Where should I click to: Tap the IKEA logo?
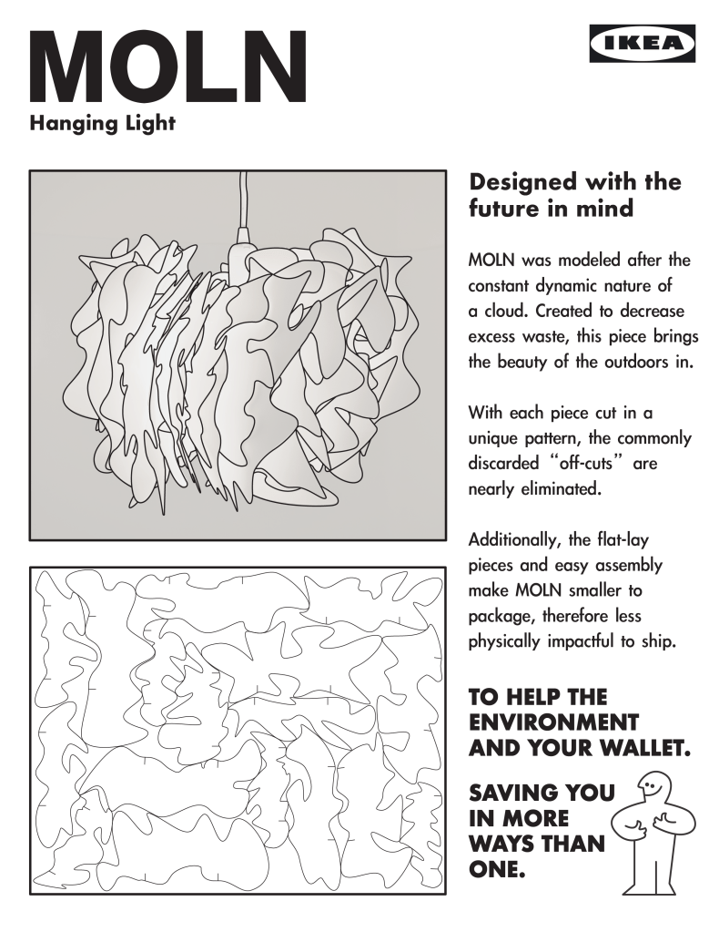point(643,43)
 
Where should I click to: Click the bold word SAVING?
point(515,794)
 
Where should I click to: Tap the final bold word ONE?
point(497,870)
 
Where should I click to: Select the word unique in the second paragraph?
point(496,438)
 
